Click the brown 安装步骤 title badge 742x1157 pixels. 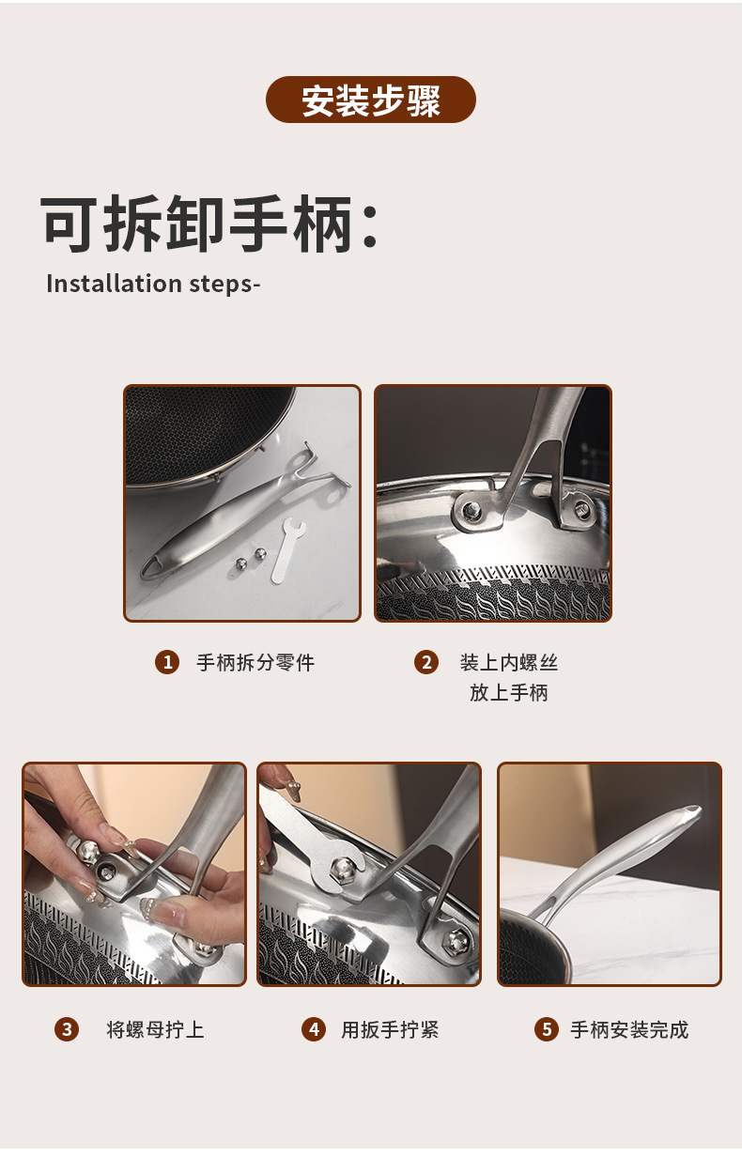coord(371,100)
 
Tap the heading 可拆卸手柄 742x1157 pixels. coord(209,225)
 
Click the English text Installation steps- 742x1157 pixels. coord(152,284)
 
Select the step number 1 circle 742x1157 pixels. coord(166,662)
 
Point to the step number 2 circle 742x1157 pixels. coord(426,662)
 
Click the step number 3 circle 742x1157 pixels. coord(66,1029)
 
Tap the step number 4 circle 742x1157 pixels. coord(314,1029)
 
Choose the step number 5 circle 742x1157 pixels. coord(546,1029)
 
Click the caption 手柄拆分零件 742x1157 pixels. coord(255,662)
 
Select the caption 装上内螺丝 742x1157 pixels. coord(509,662)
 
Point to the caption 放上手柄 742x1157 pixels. coord(509,693)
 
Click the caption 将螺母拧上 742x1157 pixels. coord(155,1029)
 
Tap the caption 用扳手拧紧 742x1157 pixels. coord(390,1029)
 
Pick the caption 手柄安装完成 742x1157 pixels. coord(629,1029)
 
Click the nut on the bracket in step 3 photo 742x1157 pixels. coord(90,852)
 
